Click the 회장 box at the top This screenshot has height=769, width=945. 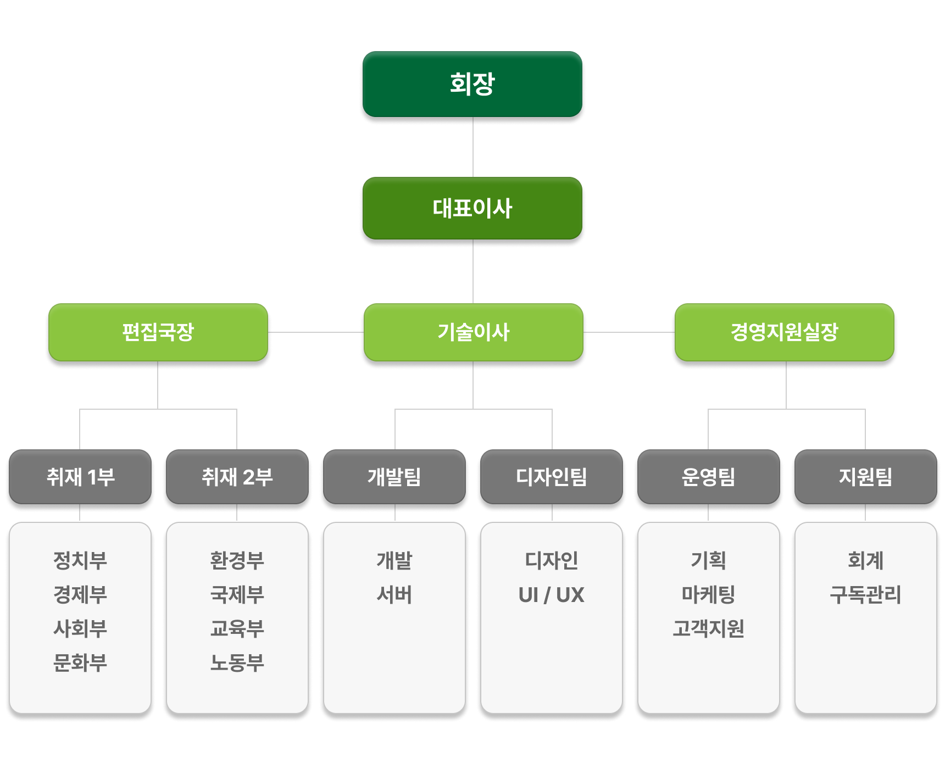click(x=472, y=84)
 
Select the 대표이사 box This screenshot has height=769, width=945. click(x=472, y=208)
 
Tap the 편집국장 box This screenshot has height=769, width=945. click(x=158, y=332)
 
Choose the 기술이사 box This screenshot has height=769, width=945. click(x=473, y=332)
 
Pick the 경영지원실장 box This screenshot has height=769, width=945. click(x=785, y=332)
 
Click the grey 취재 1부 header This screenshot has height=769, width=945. click(x=80, y=477)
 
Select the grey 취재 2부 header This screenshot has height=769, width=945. click(x=237, y=477)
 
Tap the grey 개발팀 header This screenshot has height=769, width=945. click(x=394, y=477)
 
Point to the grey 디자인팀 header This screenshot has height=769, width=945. click(x=552, y=477)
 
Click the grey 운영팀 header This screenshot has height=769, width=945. click(x=709, y=477)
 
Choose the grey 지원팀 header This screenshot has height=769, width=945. click(x=866, y=477)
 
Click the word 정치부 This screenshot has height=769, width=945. click(x=80, y=560)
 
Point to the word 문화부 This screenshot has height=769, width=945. click(x=80, y=662)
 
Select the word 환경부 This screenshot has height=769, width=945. click(x=237, y=560)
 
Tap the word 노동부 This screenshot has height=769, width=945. click(x=237, y=662)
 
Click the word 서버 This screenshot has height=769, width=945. click(x=394, y=594)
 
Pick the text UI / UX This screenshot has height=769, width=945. click(x=552, y=595)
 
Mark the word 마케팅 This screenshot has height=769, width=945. click(x=709, y=594)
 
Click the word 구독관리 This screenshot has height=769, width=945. click(x=866, y=594)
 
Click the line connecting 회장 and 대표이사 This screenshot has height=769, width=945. click(x=473, y=147)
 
